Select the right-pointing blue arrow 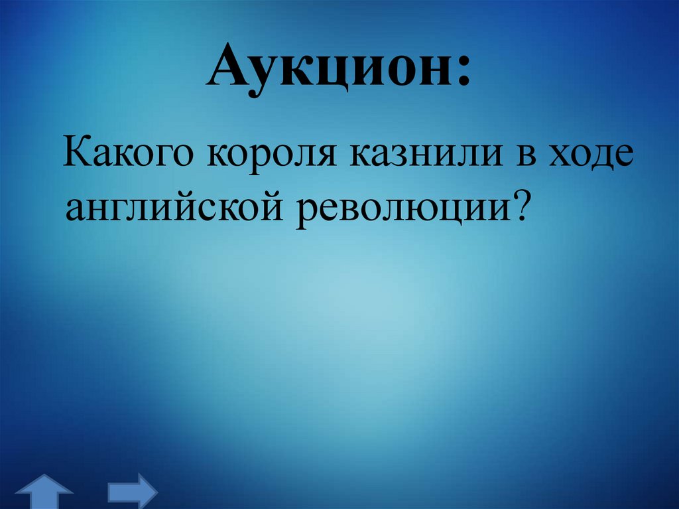coord(131,490)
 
